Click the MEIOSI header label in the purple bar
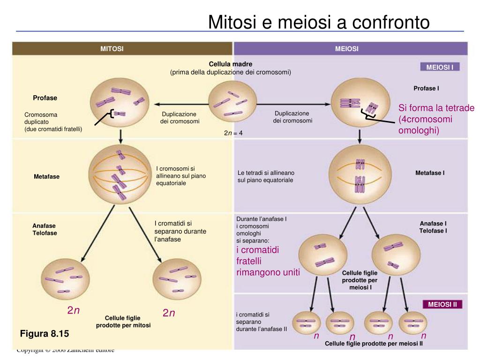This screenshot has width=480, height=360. [x=346, y=49]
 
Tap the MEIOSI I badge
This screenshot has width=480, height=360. [x=439, y=67]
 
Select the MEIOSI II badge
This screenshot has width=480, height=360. [x=442, y=305]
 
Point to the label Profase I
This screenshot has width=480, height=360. [x=426, y=88]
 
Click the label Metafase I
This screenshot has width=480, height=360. [x=430, y=173]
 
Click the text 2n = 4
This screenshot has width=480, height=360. [x=233, y=133]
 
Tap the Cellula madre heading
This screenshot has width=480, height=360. [x=231, y=64]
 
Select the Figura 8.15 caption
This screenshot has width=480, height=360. [x=44, y=334]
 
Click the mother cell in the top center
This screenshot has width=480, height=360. [x=232, y=103]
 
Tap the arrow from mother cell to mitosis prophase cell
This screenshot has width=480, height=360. [x=178, y=104]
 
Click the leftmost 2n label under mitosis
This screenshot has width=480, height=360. [x=74, y=311]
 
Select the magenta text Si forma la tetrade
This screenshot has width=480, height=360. [x=436, y=108]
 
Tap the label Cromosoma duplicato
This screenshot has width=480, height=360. [x=41, y=118]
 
